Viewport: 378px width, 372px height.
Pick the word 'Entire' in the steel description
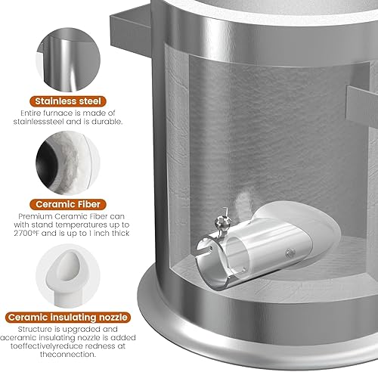(29, 113)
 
